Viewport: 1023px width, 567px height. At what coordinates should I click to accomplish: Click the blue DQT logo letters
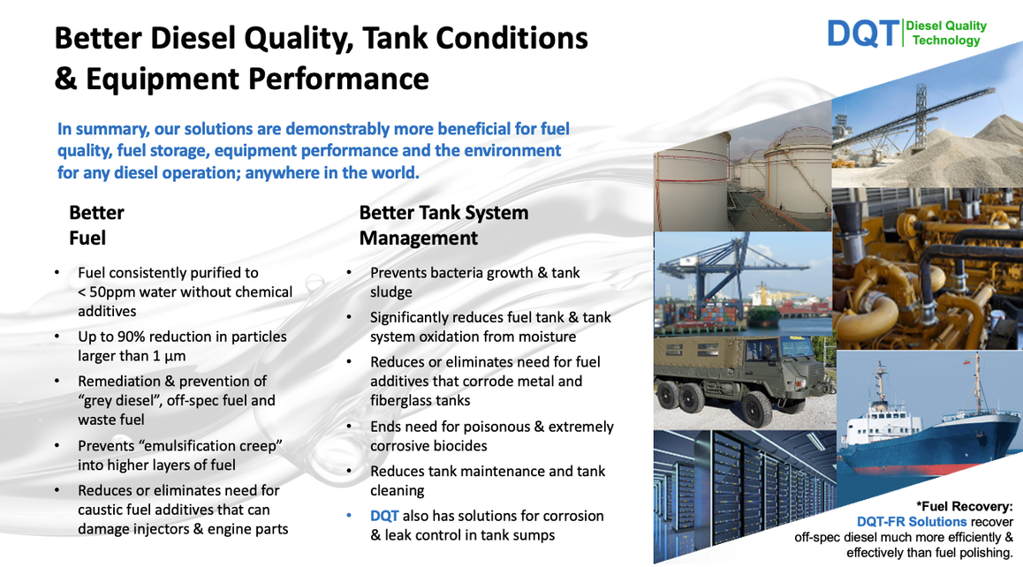point(863,34)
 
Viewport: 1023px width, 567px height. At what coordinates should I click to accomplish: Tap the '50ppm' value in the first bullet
point(112,291)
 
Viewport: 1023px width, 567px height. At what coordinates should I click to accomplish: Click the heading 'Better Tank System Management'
point(443,225)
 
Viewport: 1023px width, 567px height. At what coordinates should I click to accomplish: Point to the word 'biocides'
point(461,446)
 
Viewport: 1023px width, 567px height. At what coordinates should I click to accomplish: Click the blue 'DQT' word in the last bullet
point(384,516)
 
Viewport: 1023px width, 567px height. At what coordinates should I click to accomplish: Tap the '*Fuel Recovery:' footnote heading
point(965,506)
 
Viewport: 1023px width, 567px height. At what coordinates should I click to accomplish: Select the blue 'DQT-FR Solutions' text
point(912,522)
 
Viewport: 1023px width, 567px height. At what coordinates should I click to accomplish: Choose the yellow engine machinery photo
point(928,268)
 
